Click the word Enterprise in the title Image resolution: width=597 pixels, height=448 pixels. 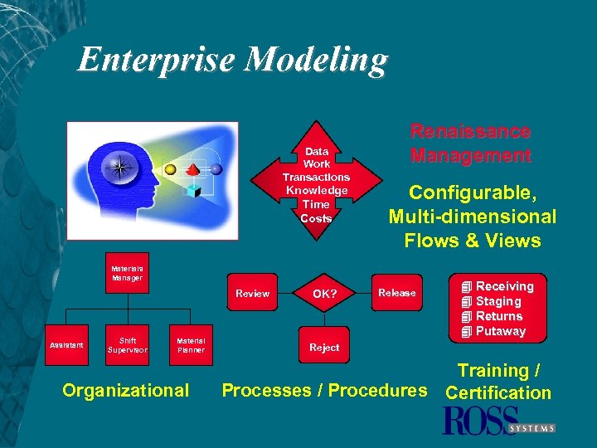coord(157,61)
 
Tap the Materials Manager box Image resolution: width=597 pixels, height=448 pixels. coord(128,273)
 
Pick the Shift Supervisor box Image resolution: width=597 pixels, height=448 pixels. coord(128,344)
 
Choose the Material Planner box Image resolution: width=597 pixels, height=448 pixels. coord(191,344)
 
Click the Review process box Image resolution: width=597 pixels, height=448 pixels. coord(252,293)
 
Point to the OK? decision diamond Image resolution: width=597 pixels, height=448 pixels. coord(324,293)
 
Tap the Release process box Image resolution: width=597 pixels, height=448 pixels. coord(396,292)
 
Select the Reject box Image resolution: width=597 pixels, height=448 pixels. coord(324,348)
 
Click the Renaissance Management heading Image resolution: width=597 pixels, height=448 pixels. coord(470,143)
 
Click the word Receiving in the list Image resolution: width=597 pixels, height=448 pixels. coord(504,286)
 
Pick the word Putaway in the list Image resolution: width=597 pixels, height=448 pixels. coord(501,331)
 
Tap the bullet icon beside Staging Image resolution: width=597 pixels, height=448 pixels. coord(467,302)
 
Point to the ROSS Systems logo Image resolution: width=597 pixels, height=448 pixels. coord(498,421)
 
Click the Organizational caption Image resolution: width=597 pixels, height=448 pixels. coord(126,390)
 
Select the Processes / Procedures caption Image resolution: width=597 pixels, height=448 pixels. coord(324,390)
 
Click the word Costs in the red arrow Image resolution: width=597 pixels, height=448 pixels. coord(316,218)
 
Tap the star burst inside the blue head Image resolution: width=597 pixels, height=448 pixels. coord(121,168)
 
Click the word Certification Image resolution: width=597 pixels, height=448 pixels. coord(498,392)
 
